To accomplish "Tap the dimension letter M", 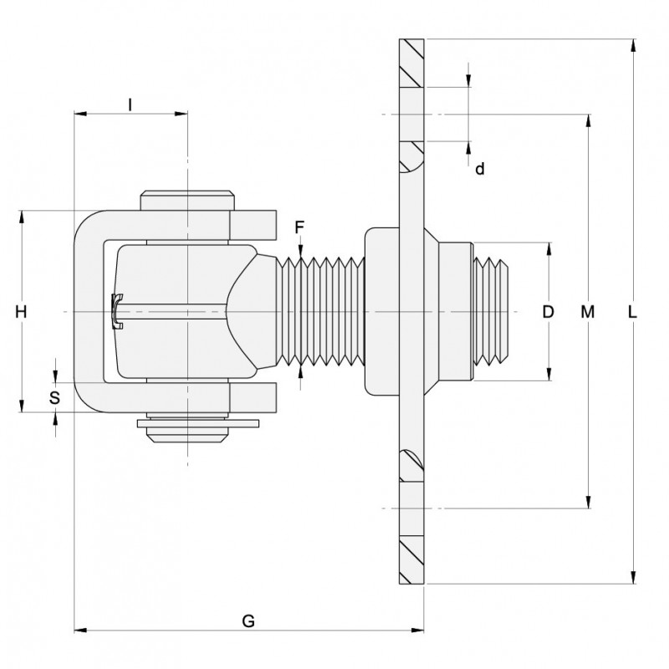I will click(x=589, y=312).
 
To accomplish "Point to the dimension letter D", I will click(x=549, y=312).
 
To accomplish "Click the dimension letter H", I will click(x=23, y=312).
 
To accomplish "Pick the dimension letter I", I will click(x=130, y=104).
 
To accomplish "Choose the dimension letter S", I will click(x=54, y=397).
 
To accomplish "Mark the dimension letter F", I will click(x=300, y=227).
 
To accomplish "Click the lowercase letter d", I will click(x=479, y=169).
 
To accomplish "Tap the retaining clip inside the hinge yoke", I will click(x=117, y=310).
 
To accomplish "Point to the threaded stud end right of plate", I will click(x=492, y=311).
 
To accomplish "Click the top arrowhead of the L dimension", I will click(x=632, y=45).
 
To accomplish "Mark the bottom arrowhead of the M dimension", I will click(x=589, y=501).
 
